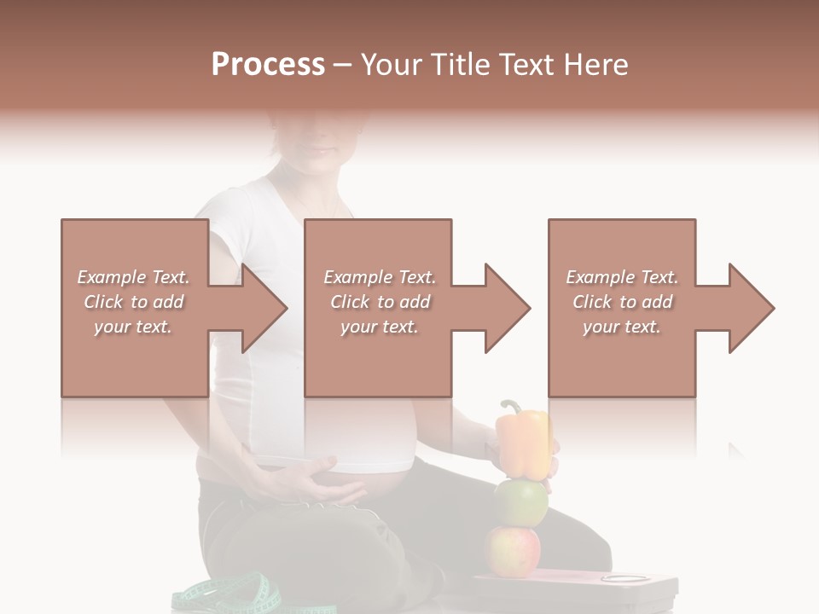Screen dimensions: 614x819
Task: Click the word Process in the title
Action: (268, 65)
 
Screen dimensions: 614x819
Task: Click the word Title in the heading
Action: (461, 65)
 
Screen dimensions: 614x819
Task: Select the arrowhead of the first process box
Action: (265, 309)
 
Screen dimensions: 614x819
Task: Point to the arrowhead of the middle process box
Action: (508, 309)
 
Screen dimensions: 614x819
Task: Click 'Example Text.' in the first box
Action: (133, 277)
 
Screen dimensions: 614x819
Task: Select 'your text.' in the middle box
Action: (379, 327)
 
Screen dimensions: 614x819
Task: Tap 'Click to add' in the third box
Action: (623, 302)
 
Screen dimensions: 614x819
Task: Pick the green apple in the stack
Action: (520, 503)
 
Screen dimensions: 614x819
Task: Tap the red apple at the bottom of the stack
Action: (513, 550)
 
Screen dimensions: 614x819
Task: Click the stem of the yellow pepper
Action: (509, 406)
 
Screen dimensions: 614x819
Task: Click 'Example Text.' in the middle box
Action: (379, 277)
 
